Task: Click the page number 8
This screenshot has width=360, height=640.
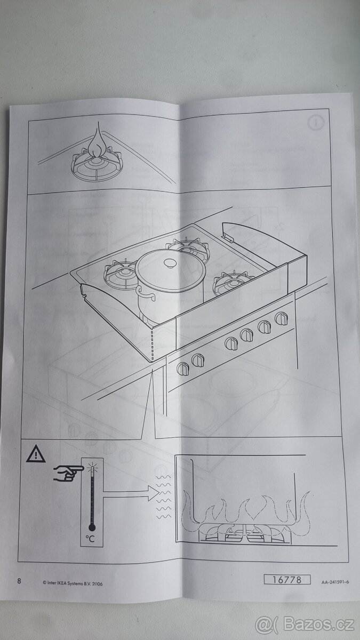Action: [x=19, y=581]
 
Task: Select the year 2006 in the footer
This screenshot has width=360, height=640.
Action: [x=97, y=583]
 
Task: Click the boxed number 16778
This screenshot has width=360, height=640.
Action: [x=286, y=580]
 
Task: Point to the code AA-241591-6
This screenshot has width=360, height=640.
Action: [x=335, y=582]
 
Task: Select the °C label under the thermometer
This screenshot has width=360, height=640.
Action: [x=91, y=539]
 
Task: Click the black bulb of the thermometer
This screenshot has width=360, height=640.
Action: [x=92, y=527]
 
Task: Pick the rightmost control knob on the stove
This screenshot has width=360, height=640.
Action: [x=281, y=318]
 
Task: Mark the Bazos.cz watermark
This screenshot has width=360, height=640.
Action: [x=305, y=625]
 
